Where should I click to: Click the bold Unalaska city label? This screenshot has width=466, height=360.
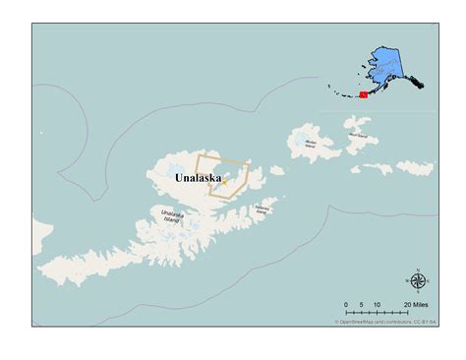coord(199,178)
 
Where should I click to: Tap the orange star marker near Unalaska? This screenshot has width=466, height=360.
coord(224,180)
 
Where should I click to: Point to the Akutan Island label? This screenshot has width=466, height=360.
coord(311,143)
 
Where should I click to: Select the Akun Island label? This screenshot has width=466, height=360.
coord(357,134)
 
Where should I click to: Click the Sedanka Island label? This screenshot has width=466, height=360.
coord(262,209)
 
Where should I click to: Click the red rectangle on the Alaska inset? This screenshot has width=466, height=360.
coord(363,94)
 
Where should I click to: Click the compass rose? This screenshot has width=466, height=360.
coord(418,281)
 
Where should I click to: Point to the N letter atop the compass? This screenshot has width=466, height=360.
coord(418,269)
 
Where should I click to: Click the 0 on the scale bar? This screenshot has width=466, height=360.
coord(346,306)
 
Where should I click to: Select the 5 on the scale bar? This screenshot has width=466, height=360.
coord(362,306)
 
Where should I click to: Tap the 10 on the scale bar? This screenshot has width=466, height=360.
coord(379,306)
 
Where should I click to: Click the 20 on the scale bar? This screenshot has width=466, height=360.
coord(408,306)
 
